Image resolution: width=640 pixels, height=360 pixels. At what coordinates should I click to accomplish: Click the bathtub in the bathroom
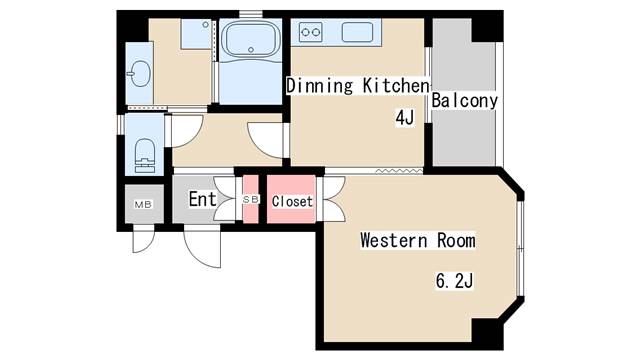251,40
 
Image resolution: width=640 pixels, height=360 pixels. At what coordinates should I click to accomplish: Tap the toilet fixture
145,156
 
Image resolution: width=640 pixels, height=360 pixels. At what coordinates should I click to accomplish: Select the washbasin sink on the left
140,73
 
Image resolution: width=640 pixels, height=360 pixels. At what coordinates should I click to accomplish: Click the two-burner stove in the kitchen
310,32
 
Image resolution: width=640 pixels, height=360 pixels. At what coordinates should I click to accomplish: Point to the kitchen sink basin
357,32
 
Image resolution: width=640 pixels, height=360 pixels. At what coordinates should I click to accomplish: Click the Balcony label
464,100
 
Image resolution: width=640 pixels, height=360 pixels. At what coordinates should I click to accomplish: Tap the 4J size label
404,118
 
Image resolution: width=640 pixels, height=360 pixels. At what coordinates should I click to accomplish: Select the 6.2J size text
454,281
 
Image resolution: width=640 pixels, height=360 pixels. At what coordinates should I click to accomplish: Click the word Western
394,240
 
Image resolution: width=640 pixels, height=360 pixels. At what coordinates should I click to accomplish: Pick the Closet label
292,201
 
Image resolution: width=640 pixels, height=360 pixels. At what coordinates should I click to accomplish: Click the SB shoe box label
251,199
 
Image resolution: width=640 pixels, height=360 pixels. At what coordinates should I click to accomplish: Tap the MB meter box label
143,204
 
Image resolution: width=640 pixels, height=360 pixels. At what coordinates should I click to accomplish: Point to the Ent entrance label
202,199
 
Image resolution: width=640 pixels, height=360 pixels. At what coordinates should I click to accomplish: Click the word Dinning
320,86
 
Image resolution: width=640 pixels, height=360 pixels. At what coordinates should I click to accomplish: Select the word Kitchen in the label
396,85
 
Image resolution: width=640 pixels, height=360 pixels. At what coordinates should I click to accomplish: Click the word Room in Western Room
456,240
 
